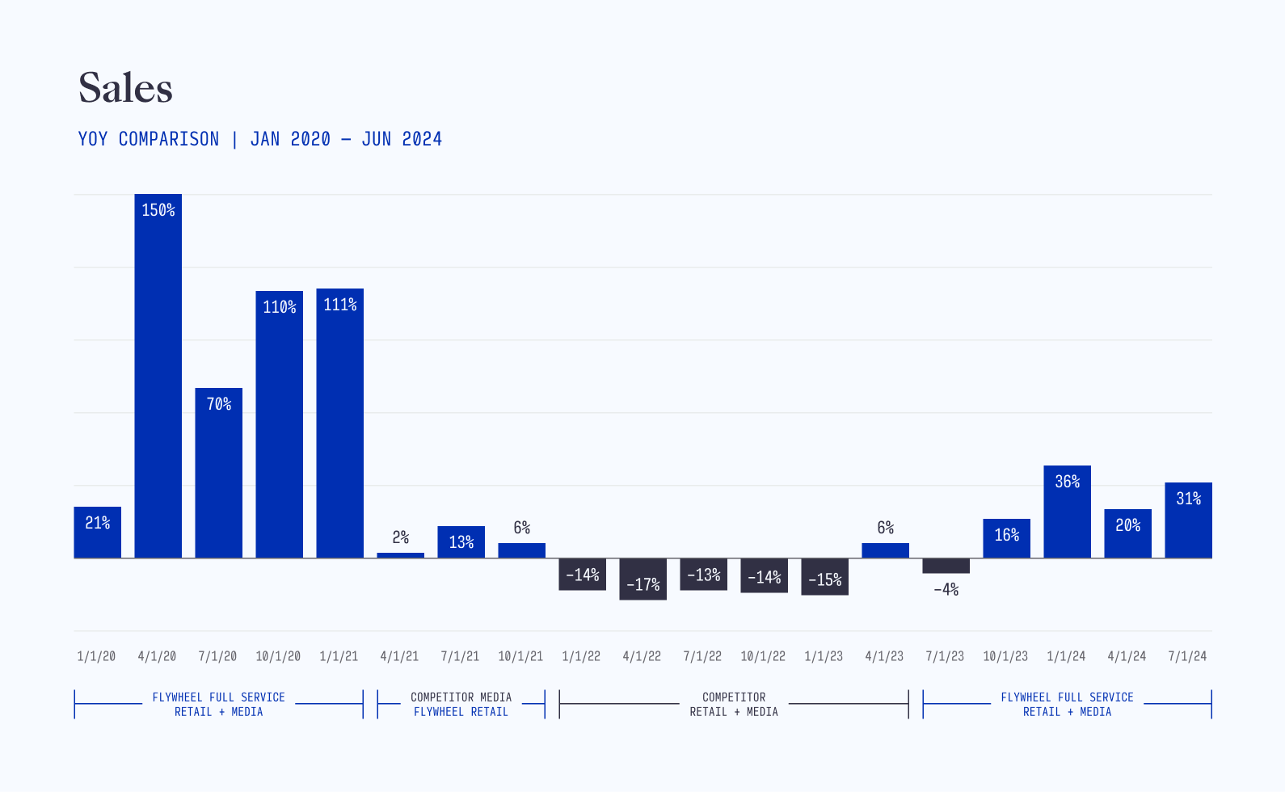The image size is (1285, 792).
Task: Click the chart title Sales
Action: (x=125, y=88)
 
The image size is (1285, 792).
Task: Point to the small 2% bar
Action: (x=400, y=555)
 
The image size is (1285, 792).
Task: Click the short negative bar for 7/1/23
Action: (x=946, y=566)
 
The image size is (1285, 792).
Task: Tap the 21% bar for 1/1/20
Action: (x=97, y=533)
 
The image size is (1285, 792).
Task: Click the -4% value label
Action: (x=946, y=590)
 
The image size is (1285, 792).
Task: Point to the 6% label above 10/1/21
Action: (x=522, y=528)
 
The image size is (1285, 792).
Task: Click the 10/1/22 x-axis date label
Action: (x=763, y=656)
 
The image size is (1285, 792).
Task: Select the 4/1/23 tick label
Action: (x=884, y=656)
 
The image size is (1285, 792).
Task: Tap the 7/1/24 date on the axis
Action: (x=1187, y=656)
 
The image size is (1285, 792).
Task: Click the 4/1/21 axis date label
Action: (x=399, y=656)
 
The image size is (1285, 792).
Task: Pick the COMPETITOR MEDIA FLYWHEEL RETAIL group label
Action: (x=461, y=704)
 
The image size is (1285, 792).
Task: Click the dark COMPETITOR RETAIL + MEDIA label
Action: (x=734, y=704)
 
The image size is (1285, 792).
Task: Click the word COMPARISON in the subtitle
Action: (x=169, y=139)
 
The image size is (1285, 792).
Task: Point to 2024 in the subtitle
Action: (x=422, y=139)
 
